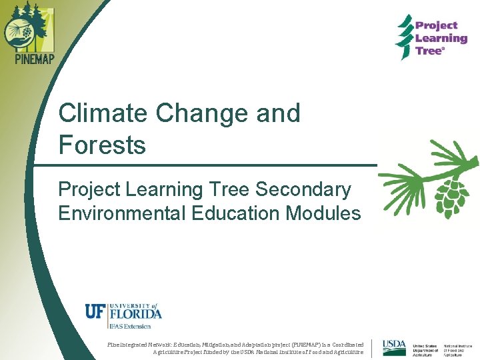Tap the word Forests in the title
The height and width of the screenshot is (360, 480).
[102, 144]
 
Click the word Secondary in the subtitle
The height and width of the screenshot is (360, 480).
[303, 189]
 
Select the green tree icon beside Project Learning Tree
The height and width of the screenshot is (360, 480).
[404, 37]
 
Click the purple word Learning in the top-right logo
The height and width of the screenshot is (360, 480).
[441, 39]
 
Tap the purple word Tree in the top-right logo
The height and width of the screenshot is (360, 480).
[429, 51]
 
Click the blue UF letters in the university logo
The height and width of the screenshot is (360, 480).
[94, 311]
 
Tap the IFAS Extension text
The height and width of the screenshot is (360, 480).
[129, 326]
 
